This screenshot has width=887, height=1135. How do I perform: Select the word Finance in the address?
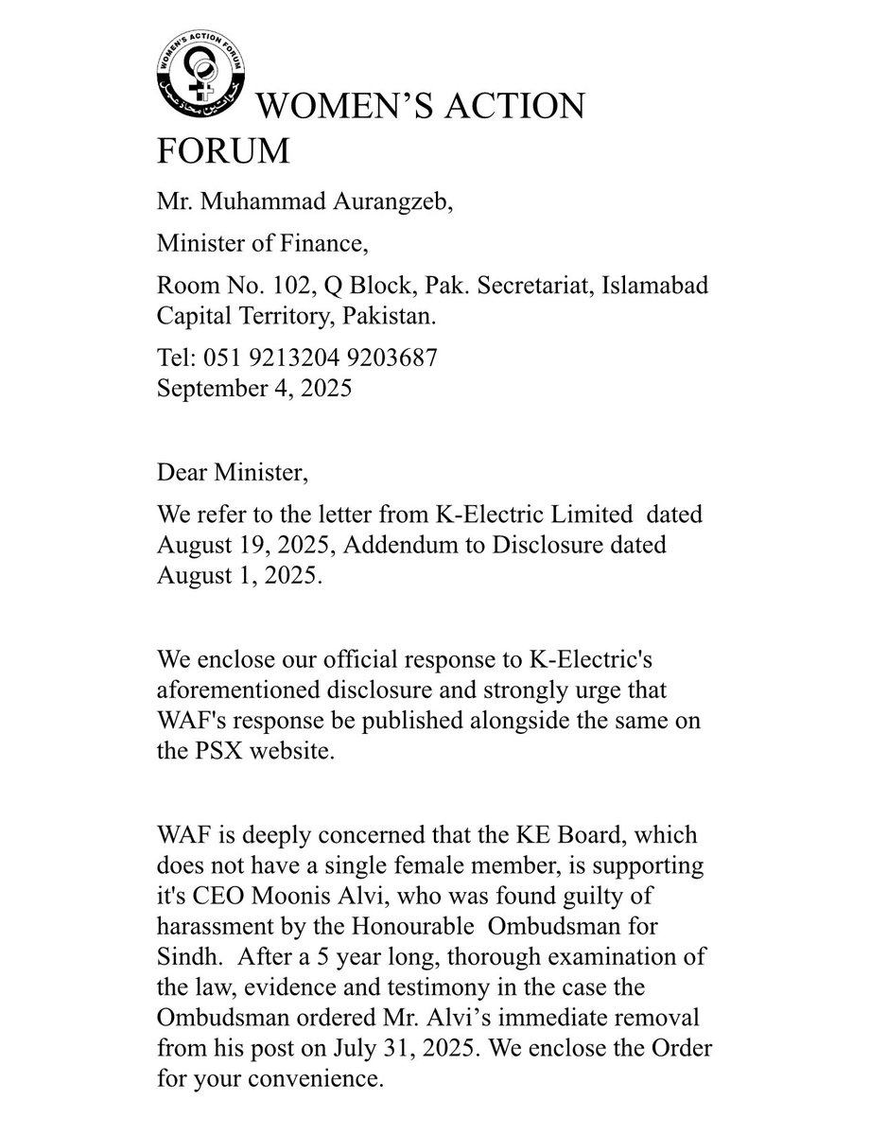(x=318, y=246)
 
